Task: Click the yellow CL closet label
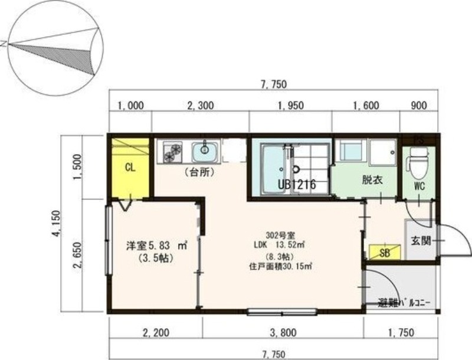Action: (x=130, y=168)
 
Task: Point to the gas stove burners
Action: (x=173, y=152)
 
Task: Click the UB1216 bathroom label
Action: (x=297, y=185)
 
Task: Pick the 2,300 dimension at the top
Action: (x=200, y=106)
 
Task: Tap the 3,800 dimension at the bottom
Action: (x=283, y=332)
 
